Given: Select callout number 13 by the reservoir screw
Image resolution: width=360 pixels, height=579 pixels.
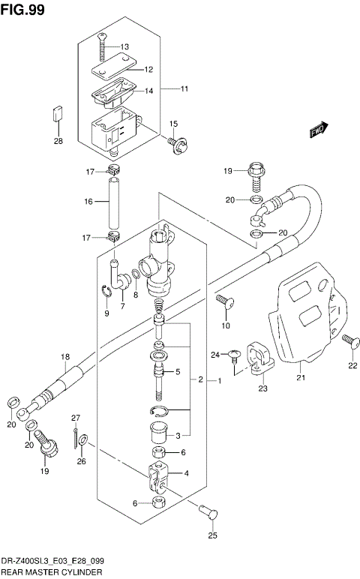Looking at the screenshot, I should point(124,46).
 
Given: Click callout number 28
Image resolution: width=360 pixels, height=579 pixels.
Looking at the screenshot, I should point(58,141).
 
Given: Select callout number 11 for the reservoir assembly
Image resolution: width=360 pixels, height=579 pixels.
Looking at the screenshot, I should point(183,89).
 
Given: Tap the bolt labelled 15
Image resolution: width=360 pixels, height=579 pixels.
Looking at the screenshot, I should point(178,142).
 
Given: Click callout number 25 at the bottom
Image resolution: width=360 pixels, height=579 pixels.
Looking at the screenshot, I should point(212,536).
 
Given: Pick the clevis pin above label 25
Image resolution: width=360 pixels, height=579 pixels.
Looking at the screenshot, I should point(209,513).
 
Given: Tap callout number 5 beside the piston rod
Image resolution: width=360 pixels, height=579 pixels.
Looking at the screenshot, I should point(178,371).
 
